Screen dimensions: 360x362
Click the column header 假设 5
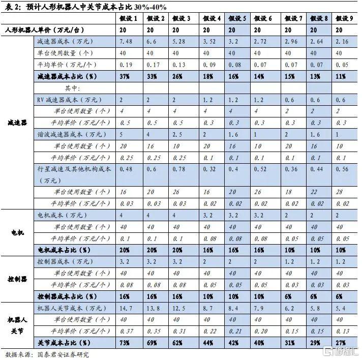click(x=237, y=18)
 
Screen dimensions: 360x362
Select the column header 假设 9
click(x=345, y=18)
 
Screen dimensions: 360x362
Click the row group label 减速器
click(x=18, y=122)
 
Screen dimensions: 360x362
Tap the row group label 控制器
click(x=18, y=280)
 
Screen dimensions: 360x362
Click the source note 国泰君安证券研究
click(x=63, y=354)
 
